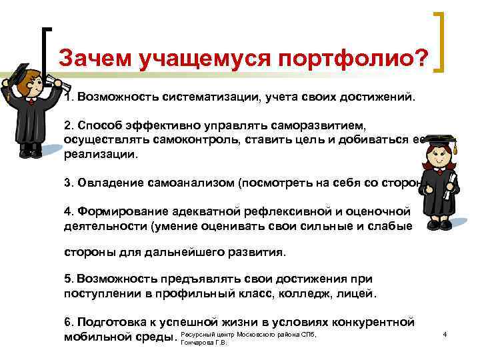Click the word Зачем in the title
(x=94, y=58)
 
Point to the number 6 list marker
(x=68, y=321)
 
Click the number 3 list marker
(x=68, y=183)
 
